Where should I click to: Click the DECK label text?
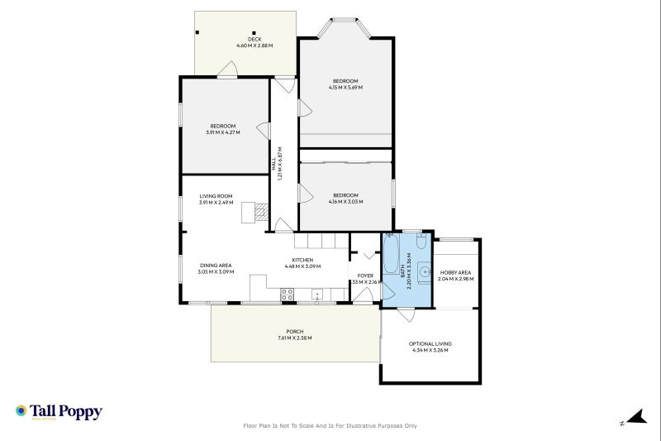point(254,40)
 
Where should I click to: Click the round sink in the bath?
point(423,271)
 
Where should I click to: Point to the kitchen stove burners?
point(288,293)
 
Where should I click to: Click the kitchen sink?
point(316,294)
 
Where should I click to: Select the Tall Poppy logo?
point(59,411)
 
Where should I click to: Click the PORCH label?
point(295,332)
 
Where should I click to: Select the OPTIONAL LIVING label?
point(430,343)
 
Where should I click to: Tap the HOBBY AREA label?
point(455,272)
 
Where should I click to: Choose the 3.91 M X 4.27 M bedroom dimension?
point(222,132)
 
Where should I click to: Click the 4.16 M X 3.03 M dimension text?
point(345,201)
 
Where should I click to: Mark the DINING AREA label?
point(214,266)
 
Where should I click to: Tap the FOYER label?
point(365,276)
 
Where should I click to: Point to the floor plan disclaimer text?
point(330,425)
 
